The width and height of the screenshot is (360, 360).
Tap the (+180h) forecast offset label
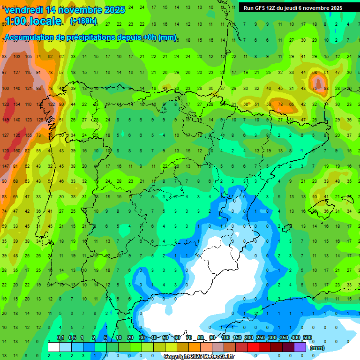(83, 21)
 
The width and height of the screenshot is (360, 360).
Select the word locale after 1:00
(45, 21)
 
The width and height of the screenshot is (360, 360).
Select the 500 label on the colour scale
(307, 338)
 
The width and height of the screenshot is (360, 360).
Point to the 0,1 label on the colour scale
(60, 338)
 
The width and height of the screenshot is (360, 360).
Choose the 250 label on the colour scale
(261, 338)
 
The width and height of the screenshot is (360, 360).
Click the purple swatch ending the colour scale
(300, 347)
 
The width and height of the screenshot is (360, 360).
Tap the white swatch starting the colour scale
(54, 347)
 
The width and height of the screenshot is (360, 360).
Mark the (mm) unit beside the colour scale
(317, 348)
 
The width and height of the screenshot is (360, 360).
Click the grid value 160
(17, 151)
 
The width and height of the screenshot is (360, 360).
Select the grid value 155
(28, 135)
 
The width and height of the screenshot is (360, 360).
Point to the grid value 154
(17, 104)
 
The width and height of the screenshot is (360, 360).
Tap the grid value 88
(325, 88)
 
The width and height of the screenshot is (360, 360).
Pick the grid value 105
(28, 57)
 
